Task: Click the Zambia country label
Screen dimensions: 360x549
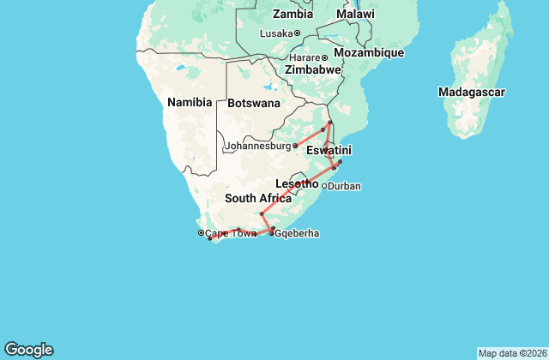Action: click(x=293, y=14)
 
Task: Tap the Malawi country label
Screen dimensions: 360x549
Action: click(x=355, y=14)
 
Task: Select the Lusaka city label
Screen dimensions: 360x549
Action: click(x=277, y=33)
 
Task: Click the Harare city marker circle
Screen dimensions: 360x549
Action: click(x=324, y=57)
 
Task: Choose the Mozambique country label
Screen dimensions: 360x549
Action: click(x=368, y=53)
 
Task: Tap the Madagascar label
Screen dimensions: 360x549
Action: click(x=471, y=92)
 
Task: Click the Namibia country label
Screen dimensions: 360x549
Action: click(x=190, y=102)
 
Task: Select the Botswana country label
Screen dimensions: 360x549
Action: click(x=254, y=103)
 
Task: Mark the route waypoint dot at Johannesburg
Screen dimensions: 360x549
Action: click(x=295, y=146)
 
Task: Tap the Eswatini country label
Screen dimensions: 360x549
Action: click(x=329, y=150)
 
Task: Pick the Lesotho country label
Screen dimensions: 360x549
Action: click(x=297, y=183)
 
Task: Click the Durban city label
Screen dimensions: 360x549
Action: click(x=345, y=186)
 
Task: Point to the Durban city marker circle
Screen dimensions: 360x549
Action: click(x=324, y=186)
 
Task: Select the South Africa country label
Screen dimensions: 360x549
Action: click(x=252, y=198)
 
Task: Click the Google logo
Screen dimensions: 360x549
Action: click(x=28, y=349)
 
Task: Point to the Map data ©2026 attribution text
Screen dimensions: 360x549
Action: click(x=510, y=353)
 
